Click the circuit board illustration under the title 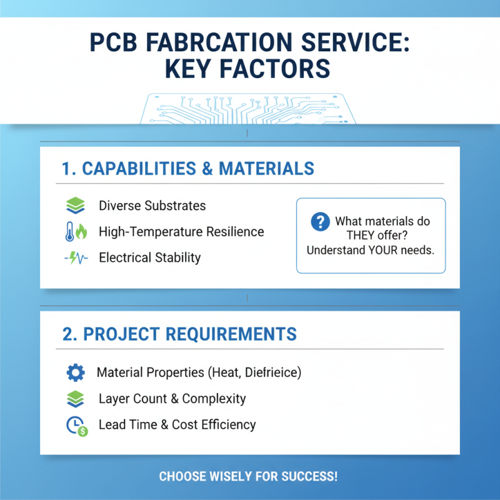[249, 109]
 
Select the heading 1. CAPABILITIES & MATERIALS [188, 168]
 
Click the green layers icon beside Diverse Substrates [75, 206]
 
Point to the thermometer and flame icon [75, 232]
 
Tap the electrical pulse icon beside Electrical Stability [75, 257]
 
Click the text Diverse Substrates [152, 206]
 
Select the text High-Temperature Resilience [181, 232]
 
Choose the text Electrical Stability [149, 257]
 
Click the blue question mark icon [320, 221]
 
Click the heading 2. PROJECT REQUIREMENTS [180, 334]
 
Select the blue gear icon [75, 373]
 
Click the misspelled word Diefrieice [273, 373]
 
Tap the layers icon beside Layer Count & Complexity [75, 399]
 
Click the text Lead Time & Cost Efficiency [177, 424]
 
